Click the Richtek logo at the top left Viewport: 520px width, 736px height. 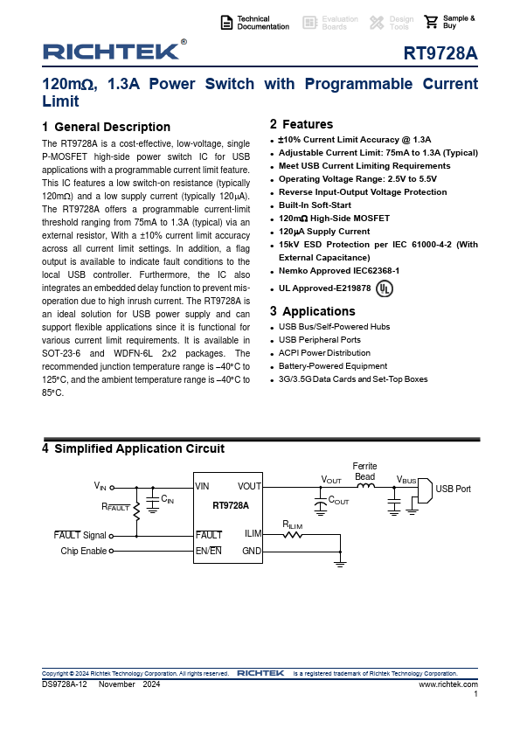(111, 52)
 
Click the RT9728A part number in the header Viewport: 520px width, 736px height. (440, 54)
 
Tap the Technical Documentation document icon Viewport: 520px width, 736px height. (226, 23)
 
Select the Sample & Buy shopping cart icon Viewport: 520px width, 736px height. (431, 23)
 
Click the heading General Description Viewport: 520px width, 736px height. (106, 127)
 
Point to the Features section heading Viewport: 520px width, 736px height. (302, 124)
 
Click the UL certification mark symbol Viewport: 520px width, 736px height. (384, 288)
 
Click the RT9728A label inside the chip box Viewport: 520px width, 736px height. (231, 505)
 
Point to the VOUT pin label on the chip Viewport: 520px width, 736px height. (249, 486)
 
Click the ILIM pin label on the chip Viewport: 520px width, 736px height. (253, 533)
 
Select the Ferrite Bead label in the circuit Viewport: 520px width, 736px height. (365, 471)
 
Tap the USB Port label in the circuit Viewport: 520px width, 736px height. (453, 489)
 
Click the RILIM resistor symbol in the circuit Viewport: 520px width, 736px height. (293, 535)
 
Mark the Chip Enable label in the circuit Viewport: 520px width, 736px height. (84, 552)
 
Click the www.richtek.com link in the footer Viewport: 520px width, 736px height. (448, 684)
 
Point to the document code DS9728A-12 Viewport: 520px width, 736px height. (64, 684)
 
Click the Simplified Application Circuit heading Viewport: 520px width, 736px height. (133, 448)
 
